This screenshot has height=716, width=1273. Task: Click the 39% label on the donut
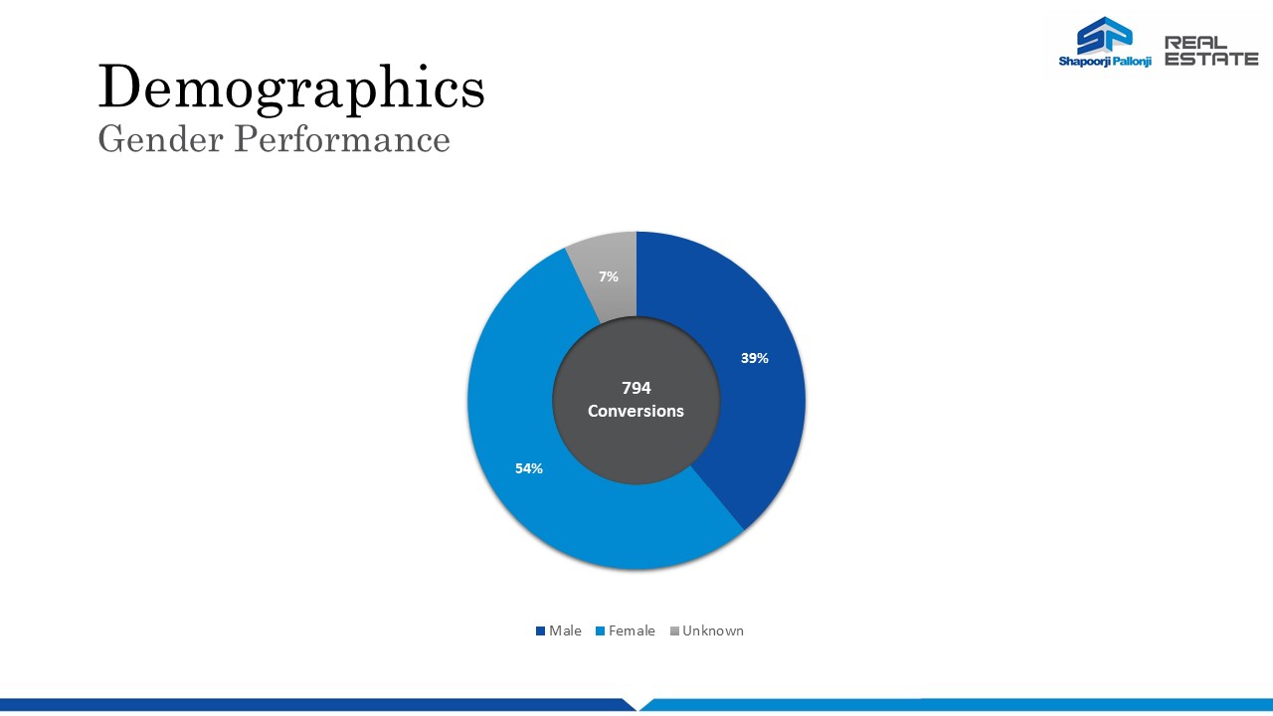click(754, 358)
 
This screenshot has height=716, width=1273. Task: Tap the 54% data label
click(528, 468)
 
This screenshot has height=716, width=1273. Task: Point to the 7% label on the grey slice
click(608, 276)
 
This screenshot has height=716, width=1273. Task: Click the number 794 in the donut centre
click(636, 388)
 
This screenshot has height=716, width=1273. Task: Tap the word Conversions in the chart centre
click(636, 411)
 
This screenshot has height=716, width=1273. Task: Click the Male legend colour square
click(540, 630)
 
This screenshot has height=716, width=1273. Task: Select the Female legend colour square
click(600, 630)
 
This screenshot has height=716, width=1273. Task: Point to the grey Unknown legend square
click(674, 630)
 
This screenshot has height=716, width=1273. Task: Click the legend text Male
click(565, 630)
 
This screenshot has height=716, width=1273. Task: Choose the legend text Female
click(632, 630)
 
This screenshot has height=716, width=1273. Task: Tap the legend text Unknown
click(713, 630)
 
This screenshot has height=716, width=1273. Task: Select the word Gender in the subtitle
click(161, 139)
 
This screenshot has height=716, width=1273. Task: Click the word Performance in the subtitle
click(342, 139)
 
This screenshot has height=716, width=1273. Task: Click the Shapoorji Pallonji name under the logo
click(1105, 62)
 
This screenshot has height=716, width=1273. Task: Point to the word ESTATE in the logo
click(1211, 59)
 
